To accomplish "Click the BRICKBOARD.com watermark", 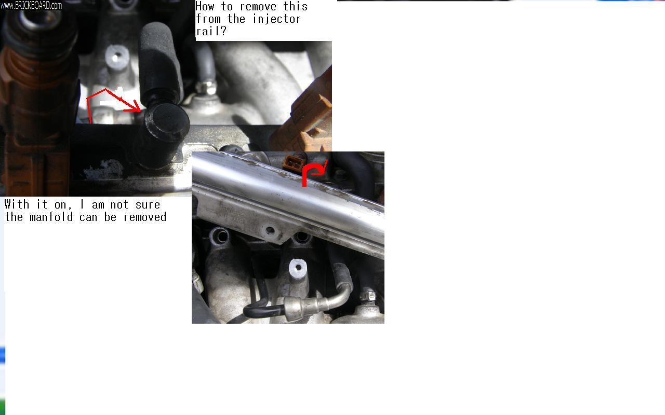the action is click(31, 5).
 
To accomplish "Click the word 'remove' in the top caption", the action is click(258, 7).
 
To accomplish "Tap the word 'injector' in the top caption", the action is click(277, 19).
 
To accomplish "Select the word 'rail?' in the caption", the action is click(211, 31).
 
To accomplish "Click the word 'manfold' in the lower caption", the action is click(51, 217).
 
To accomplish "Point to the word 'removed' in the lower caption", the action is click(144, 217).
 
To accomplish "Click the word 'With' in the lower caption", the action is click(17, 204).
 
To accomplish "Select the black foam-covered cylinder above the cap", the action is click(161, 62).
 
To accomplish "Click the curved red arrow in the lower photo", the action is click(313, 173).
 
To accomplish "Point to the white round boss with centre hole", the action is click(298, 268).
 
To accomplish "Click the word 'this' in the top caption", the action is click(296, 7).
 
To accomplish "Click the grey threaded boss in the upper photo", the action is click(117, 57).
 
